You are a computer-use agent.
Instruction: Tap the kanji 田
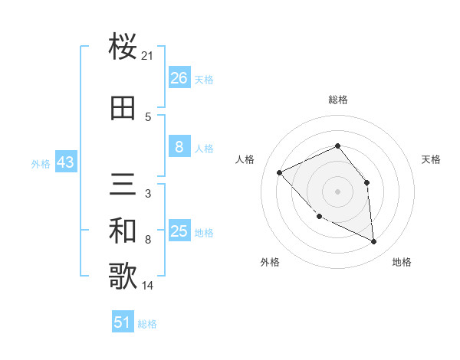point(123,108)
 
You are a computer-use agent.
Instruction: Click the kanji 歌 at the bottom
point(123,277)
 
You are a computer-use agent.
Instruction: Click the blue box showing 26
point(179,78)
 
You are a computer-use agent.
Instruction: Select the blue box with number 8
point(179,147)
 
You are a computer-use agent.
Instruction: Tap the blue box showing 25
point(179,231)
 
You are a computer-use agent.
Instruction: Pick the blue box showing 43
point(65,163)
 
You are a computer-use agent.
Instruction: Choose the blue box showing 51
point(123,322)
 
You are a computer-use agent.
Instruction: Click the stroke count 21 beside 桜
point(148,56)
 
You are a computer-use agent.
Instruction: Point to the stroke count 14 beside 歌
point(148,286)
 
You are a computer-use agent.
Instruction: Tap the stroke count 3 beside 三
point(147,194)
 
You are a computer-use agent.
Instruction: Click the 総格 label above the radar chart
point(337,100)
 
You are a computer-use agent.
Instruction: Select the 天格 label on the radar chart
point(431,159)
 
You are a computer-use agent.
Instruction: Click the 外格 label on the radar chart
point(269,262)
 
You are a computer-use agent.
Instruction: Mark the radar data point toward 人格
point(280,172)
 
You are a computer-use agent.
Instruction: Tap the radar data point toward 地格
point(374,242)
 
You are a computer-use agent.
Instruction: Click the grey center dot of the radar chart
point(337,191)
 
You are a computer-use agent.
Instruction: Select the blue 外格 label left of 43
point(41,164)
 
